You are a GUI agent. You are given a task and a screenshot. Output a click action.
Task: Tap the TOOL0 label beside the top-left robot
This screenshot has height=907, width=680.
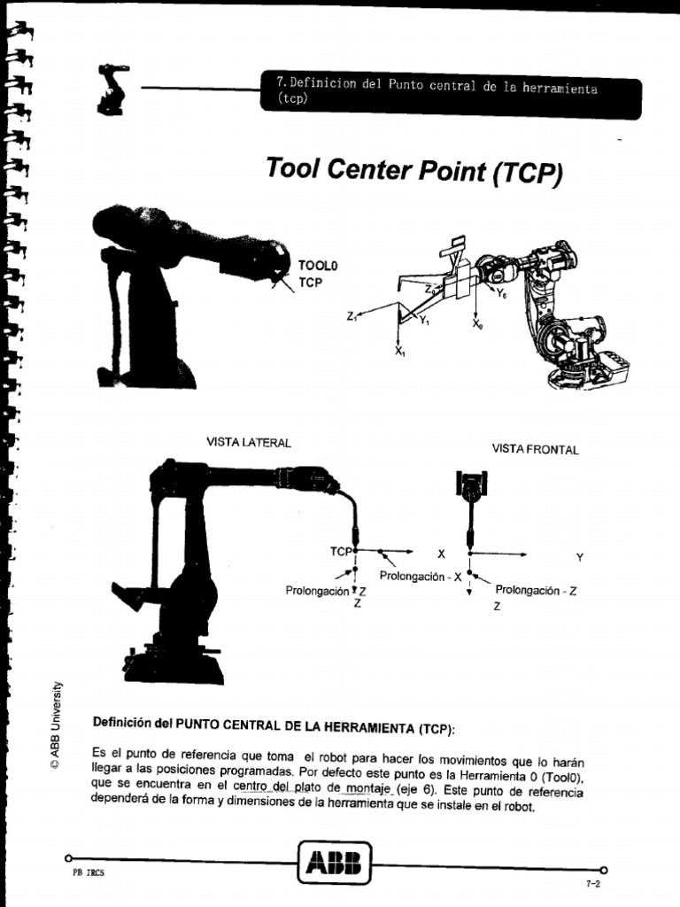[319, 265]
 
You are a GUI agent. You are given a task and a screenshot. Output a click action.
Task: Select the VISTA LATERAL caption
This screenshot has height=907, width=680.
[248, 442]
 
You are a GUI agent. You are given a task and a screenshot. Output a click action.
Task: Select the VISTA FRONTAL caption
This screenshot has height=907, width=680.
[535, 450]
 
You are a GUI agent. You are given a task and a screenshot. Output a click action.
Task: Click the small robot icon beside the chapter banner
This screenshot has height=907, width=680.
[112, 89]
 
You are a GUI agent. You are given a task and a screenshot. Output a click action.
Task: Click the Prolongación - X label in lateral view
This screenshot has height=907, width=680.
[421, 576]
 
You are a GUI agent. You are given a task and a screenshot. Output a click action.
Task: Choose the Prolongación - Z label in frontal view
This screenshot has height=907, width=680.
[536, 590]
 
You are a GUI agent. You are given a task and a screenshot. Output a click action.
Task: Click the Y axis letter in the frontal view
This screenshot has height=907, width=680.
[580, 557]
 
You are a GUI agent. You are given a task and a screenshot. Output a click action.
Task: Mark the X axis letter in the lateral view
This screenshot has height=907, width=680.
[441, 554]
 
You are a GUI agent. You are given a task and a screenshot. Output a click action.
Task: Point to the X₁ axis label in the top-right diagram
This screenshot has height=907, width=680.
[399, 352]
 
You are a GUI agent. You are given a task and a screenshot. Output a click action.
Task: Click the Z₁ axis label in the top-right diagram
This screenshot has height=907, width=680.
[352, 314]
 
